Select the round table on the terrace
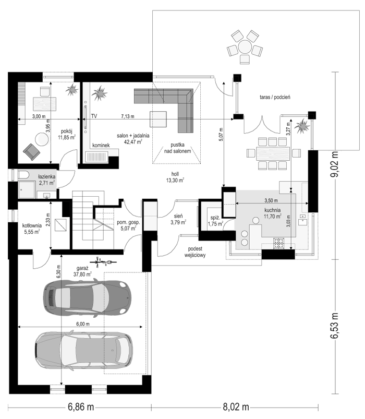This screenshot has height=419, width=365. [x=245, y=47]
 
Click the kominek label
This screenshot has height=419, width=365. [x=101, y=146]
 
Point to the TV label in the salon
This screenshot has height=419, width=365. [x=94, y=116]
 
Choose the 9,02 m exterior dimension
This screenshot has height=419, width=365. [x=334, y=164]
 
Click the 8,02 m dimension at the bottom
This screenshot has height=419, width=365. [x=236, y=407]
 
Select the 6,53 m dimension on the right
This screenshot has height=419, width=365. [x=334, y=326]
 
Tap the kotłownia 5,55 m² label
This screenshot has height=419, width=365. [x=32, y=229]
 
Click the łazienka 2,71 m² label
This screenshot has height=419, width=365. [x=47, y=179]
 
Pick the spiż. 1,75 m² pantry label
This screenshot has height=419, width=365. [x=215, y=221]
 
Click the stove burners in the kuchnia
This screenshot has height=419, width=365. [x=279, y=243]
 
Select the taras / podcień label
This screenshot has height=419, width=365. [x=275, y=97]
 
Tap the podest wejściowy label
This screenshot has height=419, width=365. [x=195, y=252]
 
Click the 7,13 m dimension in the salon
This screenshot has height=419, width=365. [x=128, y=116]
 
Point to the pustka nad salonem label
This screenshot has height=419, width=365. [x=178, y=148]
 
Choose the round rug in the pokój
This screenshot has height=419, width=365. [x=42, y=139]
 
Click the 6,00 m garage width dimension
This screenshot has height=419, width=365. [x=83, y=324]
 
